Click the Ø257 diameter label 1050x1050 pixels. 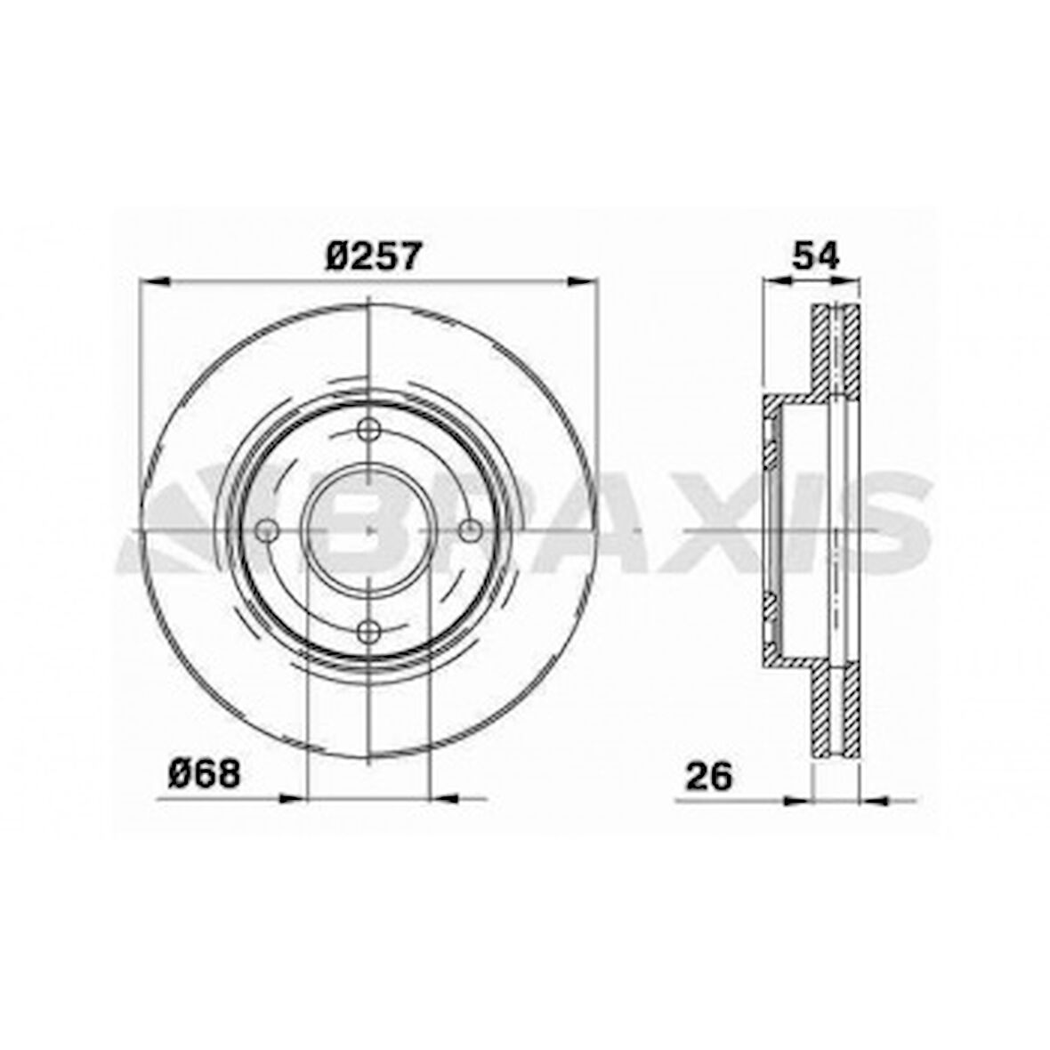(x=374, y=255)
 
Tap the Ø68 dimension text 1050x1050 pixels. (x=205, y=774)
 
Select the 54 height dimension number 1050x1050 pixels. (x=815, y=255)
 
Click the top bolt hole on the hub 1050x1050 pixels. (x=369, y=429)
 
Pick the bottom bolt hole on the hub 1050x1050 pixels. (x=369, y=631)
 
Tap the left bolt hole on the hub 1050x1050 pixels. (x=268, y=531)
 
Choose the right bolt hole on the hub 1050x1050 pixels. (x=471, y=531)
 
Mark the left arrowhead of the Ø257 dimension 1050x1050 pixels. (x=153, y=282)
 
